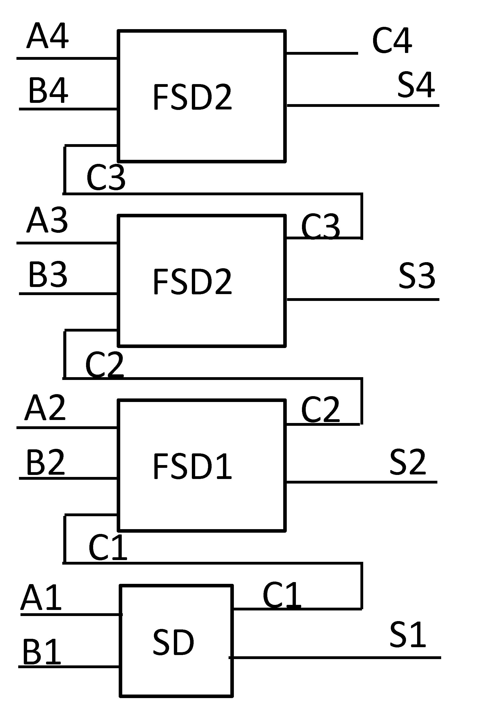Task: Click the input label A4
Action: pos(48,36)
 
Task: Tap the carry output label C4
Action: pos(392,40)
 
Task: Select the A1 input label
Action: pos(41,597)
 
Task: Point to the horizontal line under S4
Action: pos(363,105)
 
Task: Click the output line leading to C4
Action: pos(322,53)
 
